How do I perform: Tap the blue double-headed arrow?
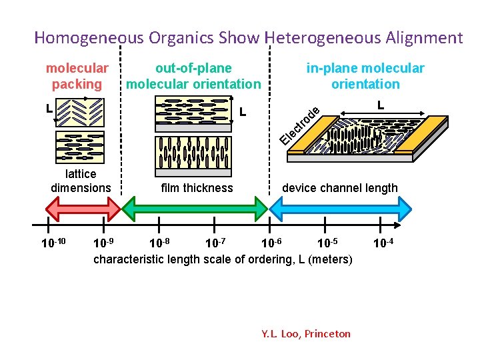pos(345,211)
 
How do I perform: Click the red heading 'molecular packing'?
pos(77,76)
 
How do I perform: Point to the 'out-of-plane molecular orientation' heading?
pos(193,76)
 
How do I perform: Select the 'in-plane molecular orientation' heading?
pos(365,76)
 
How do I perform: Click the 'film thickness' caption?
pos(197,188)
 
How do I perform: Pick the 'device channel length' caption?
pos(339,188)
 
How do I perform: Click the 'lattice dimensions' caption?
pos(81,181)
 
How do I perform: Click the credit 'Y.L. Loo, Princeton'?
pos(306,333)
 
